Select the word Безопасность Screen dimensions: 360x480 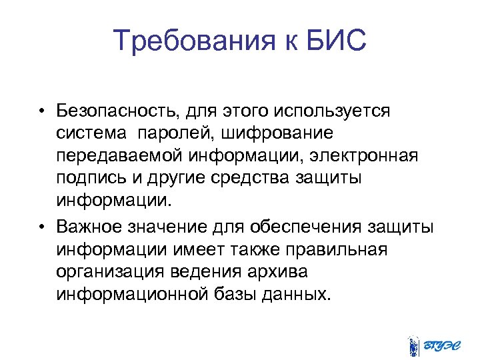[118, 110]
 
